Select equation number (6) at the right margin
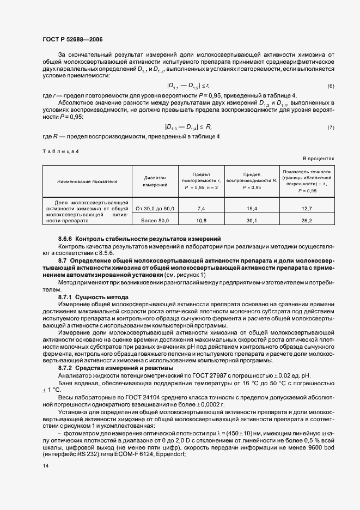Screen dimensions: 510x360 point(331,87)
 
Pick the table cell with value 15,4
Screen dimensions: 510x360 point(252,209)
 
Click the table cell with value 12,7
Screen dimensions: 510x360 point(306,209)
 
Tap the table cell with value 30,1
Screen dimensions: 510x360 point(252,220)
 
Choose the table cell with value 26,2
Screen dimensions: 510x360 point(306,220)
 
